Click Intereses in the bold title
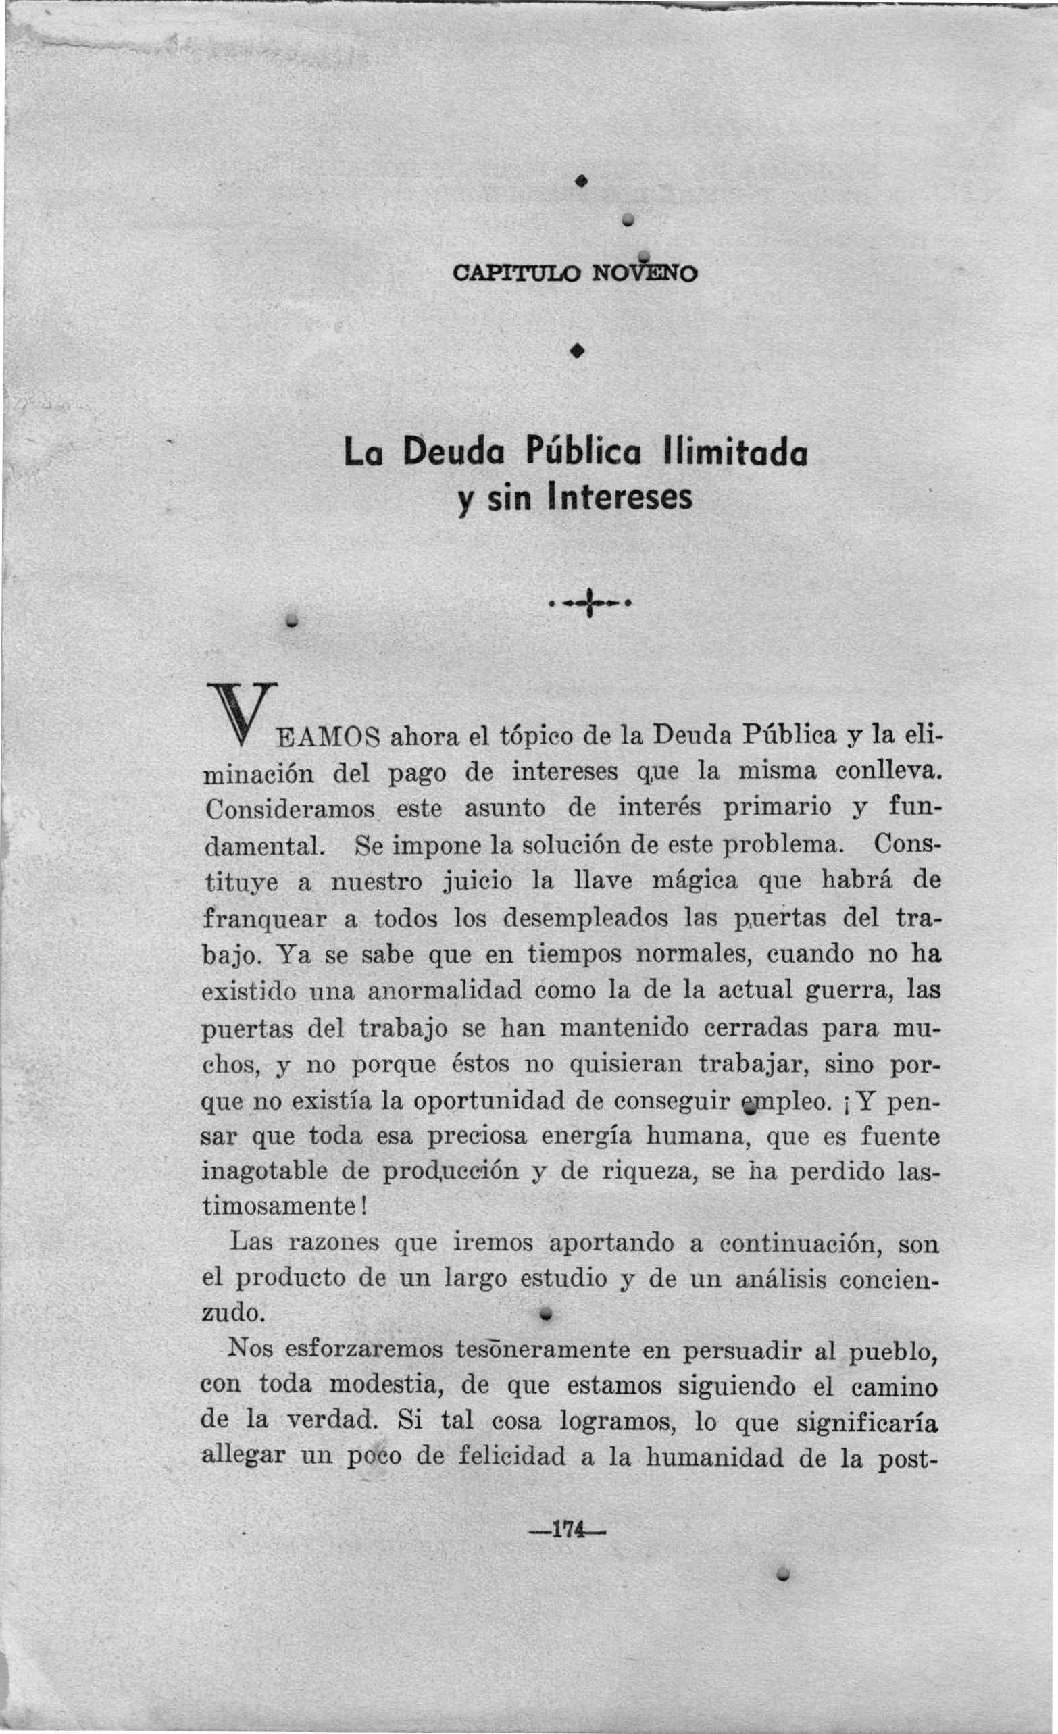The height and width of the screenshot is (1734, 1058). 620,499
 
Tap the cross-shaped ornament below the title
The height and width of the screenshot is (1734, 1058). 590,603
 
